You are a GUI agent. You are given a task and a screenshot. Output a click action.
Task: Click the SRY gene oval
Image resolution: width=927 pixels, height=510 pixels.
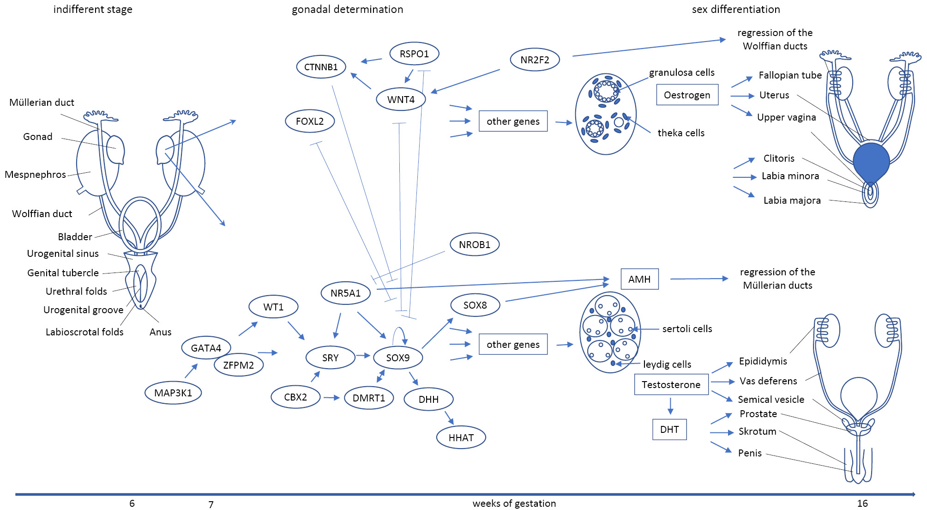click(330, 358)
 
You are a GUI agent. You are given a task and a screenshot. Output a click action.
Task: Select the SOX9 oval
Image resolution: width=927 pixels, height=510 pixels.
click(397, 358)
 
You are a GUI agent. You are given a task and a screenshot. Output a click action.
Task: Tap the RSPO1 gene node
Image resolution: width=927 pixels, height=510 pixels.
click(414, 54)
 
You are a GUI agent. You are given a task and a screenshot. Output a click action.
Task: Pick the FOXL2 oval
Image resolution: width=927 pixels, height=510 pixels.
click(309, 121)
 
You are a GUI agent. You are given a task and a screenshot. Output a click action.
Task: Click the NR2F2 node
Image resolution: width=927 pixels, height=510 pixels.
click(535, 60)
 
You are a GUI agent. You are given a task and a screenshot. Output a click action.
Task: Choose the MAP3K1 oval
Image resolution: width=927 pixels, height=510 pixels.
click(173, 393)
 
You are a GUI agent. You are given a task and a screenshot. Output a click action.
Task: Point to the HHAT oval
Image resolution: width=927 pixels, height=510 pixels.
click(461, 437)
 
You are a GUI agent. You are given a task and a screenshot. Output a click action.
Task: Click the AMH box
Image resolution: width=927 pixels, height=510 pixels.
click(639, 279)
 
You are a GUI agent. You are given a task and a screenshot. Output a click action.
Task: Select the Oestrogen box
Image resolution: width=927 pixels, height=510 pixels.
click(687, 95)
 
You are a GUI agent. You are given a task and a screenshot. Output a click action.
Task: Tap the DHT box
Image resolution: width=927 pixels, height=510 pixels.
click(669, 429)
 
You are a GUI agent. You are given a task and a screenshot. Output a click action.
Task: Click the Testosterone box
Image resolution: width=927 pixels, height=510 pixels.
click(671, 384)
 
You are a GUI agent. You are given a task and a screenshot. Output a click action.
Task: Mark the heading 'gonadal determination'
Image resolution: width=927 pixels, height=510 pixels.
click(347, 9)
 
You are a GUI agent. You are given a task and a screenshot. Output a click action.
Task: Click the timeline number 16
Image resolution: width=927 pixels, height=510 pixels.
click(862, 504)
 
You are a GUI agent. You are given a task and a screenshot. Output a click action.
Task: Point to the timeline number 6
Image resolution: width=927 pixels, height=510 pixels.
click(132, 504)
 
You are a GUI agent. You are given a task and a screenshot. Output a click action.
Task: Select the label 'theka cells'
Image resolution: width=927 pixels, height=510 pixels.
click(681, 133)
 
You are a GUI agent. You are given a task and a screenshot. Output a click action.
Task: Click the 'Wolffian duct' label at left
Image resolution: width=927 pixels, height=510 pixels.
click(42, 213)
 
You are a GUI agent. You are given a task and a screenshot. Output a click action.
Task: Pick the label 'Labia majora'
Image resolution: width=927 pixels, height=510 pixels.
click(792, 200)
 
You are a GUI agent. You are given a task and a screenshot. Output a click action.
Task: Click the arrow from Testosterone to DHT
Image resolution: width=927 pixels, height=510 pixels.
click(670, 406)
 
